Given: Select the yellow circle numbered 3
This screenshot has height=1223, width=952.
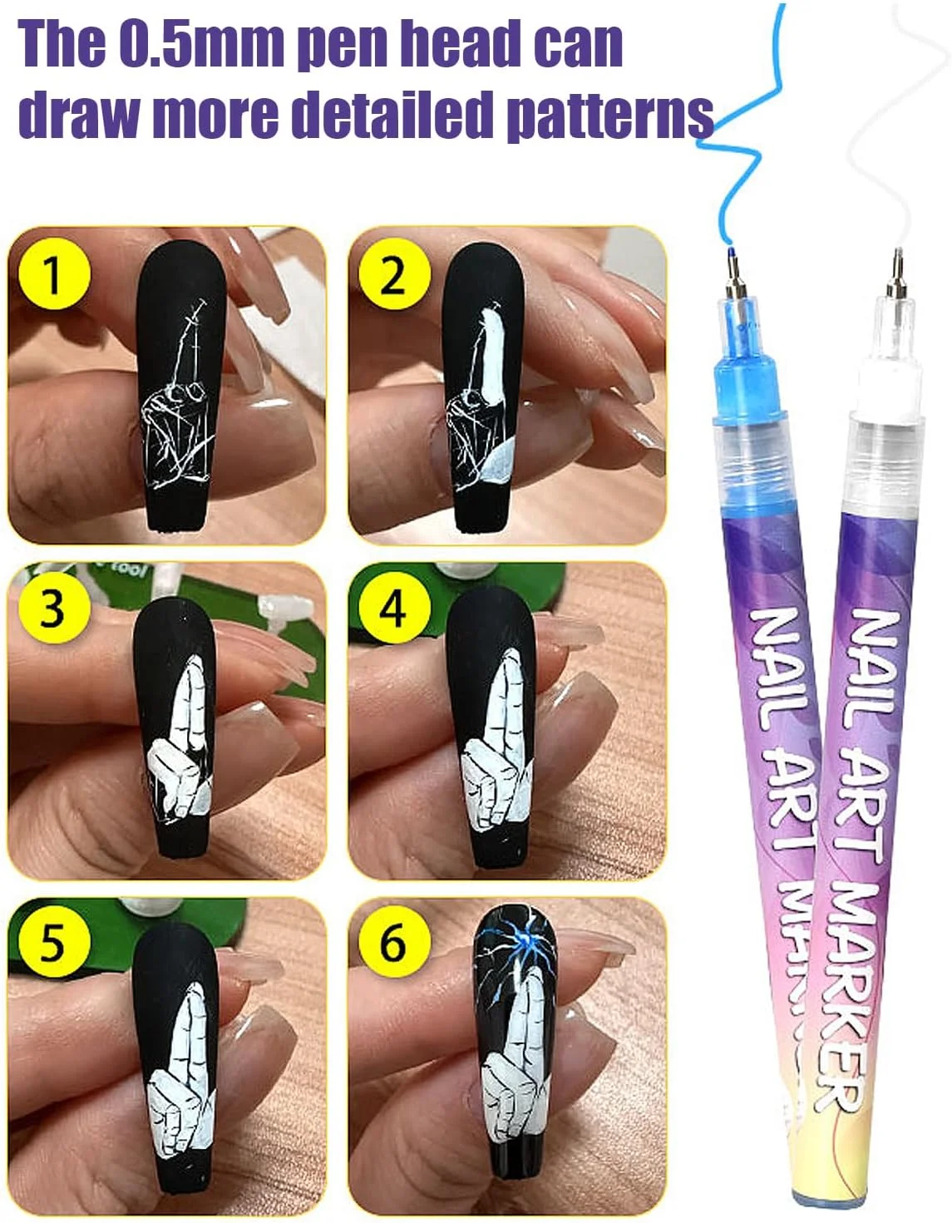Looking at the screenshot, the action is coord(54,609).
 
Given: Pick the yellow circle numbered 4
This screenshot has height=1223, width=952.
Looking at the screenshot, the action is coord(395,609).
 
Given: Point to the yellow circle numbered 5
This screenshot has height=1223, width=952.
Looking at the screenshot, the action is coord(54,942).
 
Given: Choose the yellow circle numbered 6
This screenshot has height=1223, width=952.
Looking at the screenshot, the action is coord(395,942).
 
